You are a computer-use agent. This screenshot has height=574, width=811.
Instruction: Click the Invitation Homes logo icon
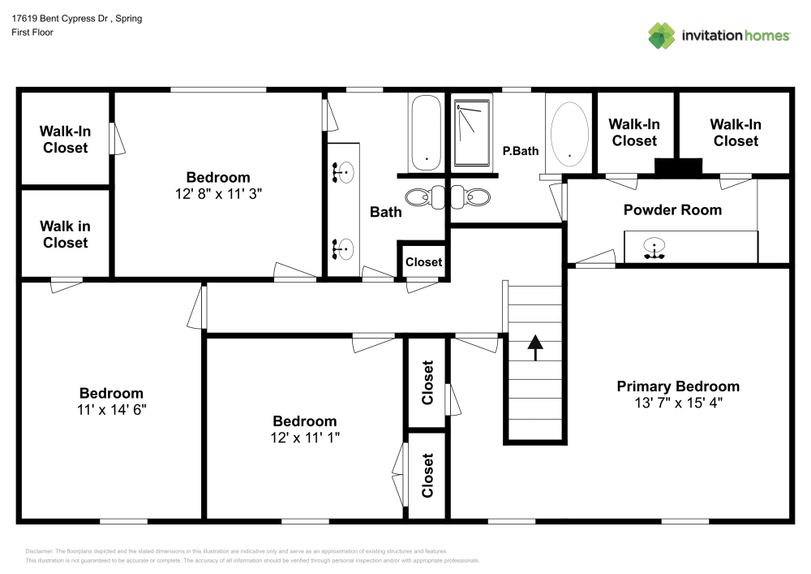662,35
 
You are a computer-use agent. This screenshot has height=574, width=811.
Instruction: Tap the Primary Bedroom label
678,386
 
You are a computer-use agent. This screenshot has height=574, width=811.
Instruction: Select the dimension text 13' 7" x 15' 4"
678,402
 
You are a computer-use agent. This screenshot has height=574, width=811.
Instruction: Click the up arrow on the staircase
534,347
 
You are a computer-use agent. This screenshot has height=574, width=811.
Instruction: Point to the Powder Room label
672,209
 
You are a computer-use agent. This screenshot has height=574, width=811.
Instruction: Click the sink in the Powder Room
652,249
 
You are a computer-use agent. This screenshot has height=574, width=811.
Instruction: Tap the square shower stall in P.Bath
473,135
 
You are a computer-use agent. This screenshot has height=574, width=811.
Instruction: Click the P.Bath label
521,150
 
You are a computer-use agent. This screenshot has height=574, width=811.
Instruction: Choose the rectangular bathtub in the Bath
426,133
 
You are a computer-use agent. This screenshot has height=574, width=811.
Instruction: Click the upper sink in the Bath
344,171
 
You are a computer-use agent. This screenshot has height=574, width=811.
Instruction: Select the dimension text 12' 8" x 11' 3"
218,193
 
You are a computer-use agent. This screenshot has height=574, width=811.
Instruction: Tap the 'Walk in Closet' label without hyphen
65,234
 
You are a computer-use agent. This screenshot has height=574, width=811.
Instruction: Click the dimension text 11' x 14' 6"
111,409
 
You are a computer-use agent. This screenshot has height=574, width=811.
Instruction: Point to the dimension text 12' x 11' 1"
305,437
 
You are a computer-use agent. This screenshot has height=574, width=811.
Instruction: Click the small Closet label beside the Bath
423,261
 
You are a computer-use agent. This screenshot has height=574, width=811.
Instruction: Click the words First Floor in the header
32,32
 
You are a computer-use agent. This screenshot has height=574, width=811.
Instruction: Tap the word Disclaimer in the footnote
39,551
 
